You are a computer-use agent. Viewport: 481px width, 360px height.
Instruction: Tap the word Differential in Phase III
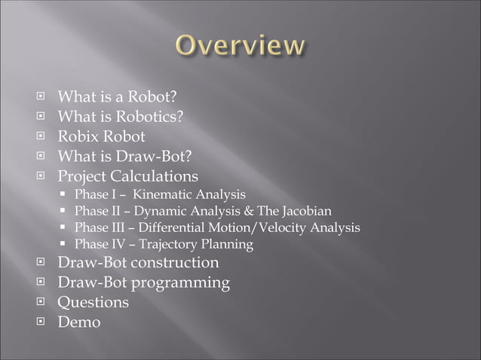coord(172,227)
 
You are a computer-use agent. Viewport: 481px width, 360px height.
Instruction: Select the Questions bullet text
coord(93,303)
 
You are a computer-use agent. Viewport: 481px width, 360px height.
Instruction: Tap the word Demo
coord(79,322)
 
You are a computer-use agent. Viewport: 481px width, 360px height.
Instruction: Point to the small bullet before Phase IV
coord(65,244)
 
